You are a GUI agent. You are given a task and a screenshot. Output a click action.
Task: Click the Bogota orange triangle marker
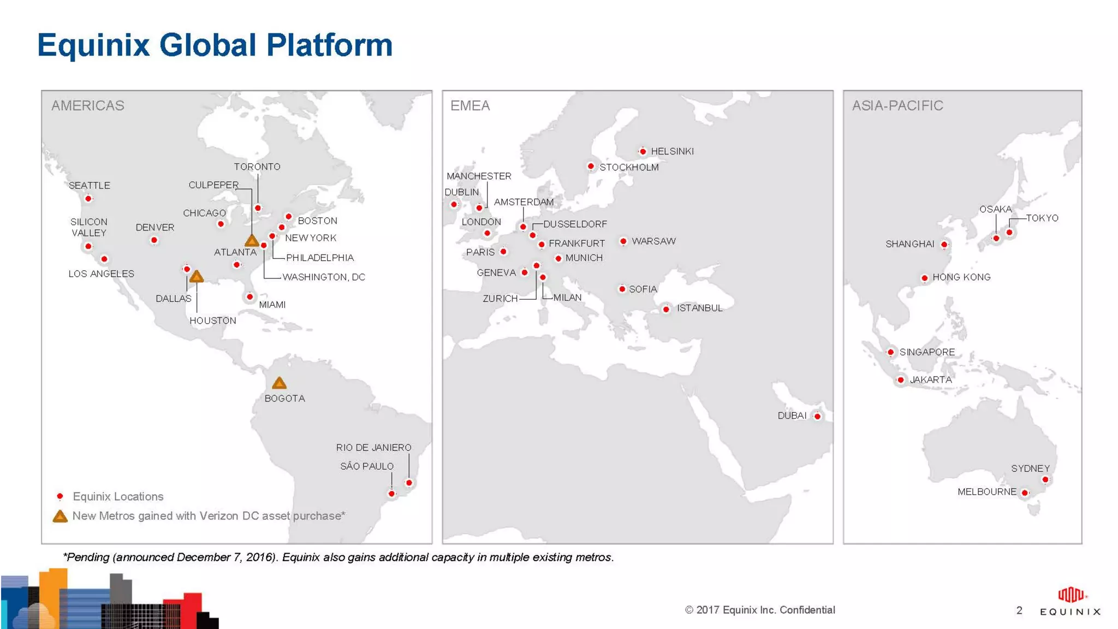tap(279, 383)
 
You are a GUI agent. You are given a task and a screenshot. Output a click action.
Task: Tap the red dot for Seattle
tap(88, 199)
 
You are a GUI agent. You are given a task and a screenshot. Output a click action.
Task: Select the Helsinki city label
tap(672, 151)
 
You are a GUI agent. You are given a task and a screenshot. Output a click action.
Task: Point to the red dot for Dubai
tap(817, 416)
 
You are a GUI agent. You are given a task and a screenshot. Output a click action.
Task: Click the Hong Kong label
tap(961, 277)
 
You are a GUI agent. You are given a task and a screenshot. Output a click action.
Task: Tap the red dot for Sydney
tap(1045, 480)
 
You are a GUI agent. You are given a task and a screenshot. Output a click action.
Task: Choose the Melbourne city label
tap(986, 492)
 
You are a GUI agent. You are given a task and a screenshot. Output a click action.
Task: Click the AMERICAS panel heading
tap(88, 105)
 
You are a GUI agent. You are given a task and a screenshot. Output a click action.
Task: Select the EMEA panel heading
tap(470, 105)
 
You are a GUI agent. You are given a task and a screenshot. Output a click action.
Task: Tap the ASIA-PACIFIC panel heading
tap(897, 105)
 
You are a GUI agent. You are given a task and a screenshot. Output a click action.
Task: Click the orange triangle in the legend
tap(60, 517)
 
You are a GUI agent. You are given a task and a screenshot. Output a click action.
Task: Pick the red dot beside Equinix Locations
tap(60, 496)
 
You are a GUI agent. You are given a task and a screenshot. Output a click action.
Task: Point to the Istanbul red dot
tap(666, 310)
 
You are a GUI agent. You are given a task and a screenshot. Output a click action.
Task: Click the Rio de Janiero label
tap(373, 448)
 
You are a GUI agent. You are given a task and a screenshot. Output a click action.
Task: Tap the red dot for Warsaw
tap(623, 241)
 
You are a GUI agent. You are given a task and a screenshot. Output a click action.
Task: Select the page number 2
tap(1019, 610)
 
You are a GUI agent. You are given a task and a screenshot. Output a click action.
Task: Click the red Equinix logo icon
tap(1071, 595)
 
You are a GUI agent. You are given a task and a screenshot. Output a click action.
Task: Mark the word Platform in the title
tap(330, 45)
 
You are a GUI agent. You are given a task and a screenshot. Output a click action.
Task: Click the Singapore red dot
tap(891, 352)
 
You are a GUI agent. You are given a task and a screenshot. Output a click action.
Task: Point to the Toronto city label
tap(257, 167)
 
